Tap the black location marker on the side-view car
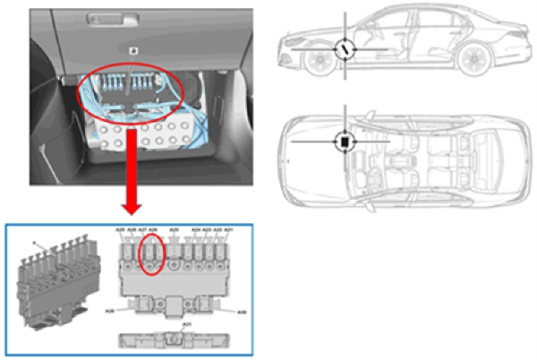(x=345, y=49)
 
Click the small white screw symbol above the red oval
(x=132, y=51)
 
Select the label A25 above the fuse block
(x=174, y=231)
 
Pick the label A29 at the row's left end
(x=121, y=231)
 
